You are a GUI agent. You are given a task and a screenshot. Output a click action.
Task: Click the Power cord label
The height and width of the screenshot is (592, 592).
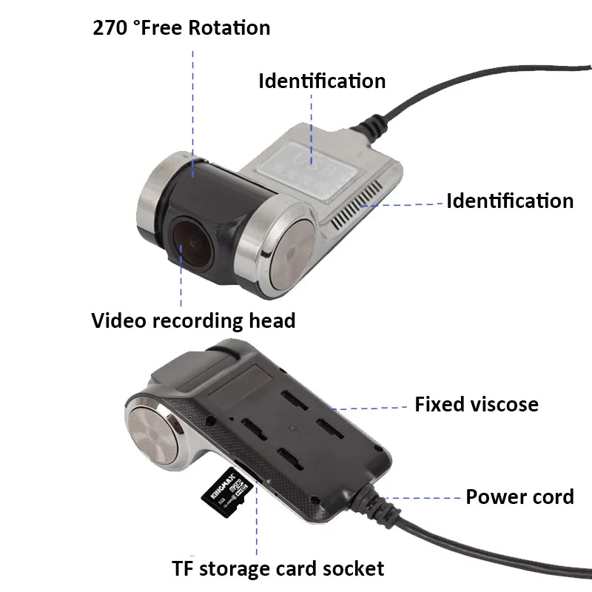point(519,496)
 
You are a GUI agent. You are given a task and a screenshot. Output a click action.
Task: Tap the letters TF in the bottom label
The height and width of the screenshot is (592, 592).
point(182,568)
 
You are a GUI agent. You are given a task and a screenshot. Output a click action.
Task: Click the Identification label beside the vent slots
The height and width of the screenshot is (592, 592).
point(509,201)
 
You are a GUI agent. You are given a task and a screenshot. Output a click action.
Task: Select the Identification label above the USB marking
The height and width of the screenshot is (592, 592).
point(322,80)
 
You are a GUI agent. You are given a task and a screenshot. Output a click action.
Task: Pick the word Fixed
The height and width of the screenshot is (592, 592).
point(439,405)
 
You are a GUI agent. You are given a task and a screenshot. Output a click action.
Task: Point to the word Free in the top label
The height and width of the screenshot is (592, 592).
point(165,28)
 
